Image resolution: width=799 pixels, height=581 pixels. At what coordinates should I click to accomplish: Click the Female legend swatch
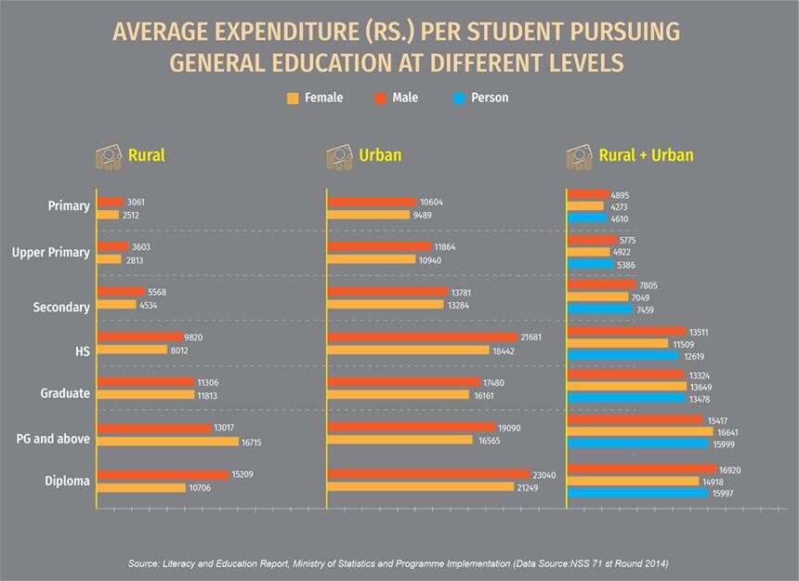293,98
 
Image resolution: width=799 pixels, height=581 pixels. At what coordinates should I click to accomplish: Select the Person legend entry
490,98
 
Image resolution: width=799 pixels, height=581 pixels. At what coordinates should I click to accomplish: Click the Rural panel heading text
147,155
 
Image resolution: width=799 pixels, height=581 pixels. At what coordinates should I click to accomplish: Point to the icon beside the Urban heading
339,156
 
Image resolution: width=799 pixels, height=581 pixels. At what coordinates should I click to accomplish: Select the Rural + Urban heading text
647,155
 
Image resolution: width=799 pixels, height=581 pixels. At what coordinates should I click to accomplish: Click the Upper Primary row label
51,252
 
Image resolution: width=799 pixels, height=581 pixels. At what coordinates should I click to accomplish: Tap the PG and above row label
55,438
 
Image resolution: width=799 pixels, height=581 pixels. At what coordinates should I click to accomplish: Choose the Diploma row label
68,481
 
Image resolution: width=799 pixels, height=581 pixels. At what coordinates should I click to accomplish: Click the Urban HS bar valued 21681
422,337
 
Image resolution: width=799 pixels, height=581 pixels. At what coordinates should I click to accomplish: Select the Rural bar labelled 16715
167,442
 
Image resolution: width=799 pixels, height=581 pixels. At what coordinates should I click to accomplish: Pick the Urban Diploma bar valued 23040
427,474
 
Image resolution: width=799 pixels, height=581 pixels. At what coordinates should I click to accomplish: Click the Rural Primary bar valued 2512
108,215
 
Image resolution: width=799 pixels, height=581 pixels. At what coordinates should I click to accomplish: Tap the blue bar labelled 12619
622,355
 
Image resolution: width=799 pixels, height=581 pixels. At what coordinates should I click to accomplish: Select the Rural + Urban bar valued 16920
641,469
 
